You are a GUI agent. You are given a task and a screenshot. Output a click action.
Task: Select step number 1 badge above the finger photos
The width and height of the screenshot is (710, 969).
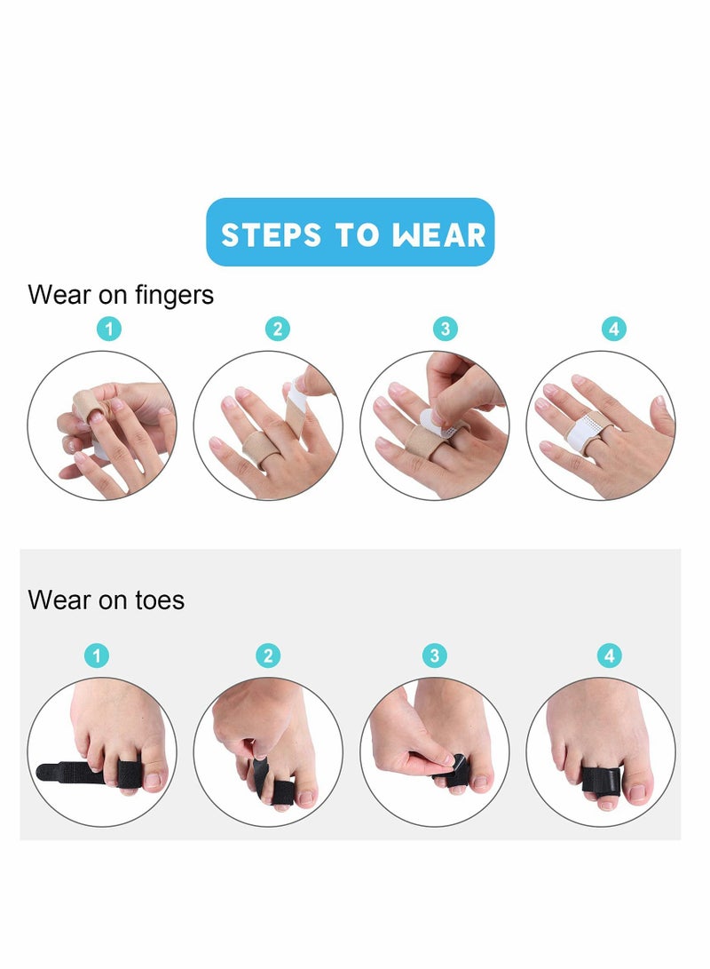pos(108,330)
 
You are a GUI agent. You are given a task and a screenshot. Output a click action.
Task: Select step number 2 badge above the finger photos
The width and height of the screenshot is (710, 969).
pos(277,330)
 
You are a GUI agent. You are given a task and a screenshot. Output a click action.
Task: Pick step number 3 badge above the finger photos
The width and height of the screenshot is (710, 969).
pos(445,330)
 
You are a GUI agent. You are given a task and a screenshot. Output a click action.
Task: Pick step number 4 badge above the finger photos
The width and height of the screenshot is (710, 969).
pos(613,330)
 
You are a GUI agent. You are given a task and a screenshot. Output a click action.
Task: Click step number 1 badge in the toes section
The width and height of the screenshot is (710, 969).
pos(97,656)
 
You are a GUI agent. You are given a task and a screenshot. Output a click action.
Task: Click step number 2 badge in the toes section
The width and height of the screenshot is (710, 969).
pos(268,656)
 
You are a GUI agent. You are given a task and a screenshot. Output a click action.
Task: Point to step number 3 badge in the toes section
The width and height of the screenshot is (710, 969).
pos(434,656)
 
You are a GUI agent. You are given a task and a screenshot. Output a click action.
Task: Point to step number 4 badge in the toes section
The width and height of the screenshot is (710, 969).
pos(609,656)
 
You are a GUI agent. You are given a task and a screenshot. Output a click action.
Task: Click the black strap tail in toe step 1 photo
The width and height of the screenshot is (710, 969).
pos(62,772)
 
